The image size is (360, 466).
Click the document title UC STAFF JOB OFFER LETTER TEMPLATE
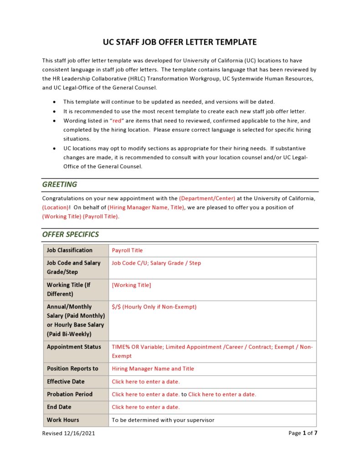[180, 42]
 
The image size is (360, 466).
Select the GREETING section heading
[60, 185]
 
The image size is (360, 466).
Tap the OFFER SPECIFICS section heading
[71, 234]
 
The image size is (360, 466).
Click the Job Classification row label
[69, 250]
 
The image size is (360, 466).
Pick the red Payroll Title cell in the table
[127, 250]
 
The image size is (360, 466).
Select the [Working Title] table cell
[131, 285]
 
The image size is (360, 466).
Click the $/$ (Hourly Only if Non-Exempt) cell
[154, 307]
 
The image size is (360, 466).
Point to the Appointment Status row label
[74, 347]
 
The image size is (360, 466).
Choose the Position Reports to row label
[72, 369]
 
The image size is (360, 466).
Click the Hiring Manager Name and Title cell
[153, 369]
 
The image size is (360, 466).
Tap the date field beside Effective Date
[146, 382]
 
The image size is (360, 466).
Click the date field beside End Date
[146, 407]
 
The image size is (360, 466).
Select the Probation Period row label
[69, 394]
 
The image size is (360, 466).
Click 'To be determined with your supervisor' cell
[163, 420]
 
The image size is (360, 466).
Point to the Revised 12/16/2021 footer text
[69, 433]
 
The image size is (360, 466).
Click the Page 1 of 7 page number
[303, 433]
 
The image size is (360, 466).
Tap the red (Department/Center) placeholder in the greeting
[207, 198]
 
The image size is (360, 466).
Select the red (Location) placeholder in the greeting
[55, 207]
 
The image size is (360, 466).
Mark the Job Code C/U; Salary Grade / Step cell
[156, 263]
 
